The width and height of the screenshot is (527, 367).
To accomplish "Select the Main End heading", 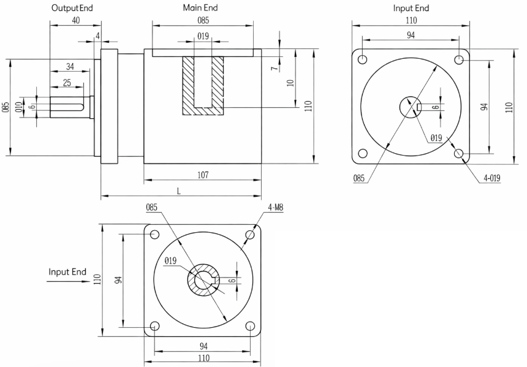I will [200, 8].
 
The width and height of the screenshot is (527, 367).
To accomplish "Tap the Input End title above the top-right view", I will [411, 8].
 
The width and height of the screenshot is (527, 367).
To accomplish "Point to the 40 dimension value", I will [75, 20].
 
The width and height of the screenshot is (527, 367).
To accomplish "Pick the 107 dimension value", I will [203, 175].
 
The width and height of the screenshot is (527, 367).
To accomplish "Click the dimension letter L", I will [179, 191].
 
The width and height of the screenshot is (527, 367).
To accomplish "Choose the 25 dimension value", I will [66, 82].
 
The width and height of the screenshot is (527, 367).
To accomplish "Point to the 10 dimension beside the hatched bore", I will [290, 82].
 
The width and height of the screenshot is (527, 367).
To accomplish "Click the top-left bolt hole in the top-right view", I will [363, 60].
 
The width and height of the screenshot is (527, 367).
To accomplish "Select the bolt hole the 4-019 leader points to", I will [460, 154].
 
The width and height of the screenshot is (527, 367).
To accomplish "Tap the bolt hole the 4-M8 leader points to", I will [249, 235].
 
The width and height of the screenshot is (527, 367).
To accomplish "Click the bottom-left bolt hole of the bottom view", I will [154, 325].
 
